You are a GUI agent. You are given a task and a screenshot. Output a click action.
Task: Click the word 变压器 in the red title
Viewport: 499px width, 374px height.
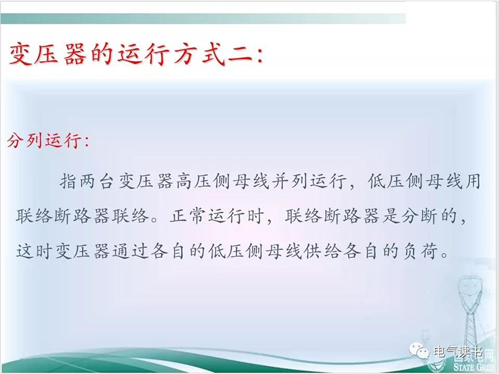point(48,54)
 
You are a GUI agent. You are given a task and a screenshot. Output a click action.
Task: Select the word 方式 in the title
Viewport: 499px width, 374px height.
point(199,54)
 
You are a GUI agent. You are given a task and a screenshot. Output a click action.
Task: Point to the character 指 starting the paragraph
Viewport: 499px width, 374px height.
point(69,181)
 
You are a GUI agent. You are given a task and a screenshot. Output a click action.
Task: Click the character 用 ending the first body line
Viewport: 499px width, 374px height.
point(472,181)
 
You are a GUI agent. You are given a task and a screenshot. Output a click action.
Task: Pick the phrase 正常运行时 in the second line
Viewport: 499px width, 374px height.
point(217,216)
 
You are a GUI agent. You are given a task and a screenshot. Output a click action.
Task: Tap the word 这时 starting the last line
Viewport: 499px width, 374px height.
point(34,251)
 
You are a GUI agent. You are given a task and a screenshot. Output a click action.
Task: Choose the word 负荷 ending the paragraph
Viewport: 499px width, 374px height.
point(420,251)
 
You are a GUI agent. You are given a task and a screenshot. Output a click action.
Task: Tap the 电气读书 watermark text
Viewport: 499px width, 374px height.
point(458,352)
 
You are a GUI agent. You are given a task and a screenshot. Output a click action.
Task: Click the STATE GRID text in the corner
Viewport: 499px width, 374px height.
point(475,367)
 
